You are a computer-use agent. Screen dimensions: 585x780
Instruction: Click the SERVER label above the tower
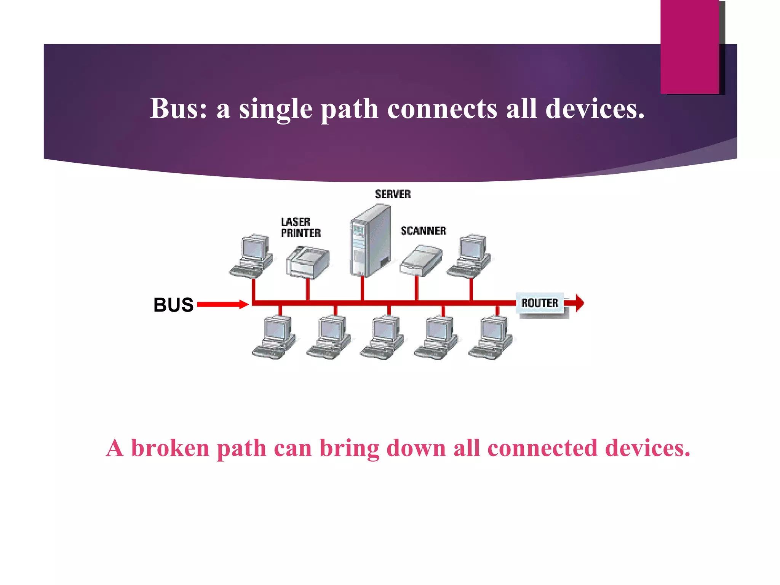pyautogui.click(x=393, y=194)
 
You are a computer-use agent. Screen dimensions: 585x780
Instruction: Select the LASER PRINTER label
pyautogui.click(x=300, y=227)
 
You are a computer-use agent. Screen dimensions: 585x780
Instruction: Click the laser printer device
pyautogui.click(x=307, y=262)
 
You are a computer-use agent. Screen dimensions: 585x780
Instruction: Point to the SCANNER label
pyautogui.click(x=423, y=231)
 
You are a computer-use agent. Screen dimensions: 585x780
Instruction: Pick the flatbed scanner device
pyautogui.click(x=421, y=261)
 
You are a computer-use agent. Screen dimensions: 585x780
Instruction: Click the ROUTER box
pyautogui.click(x=540, y=303)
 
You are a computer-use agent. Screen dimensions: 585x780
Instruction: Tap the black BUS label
pyautogui.click(x=173, y=305)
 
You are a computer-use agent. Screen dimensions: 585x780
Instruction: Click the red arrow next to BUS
pyautogui.click(x=223, y=304)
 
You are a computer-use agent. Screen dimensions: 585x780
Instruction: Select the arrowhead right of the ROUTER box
pyautogui.click(x=579, y=303)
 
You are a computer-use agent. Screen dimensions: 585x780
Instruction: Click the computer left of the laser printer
pyautogui.click(x=251, y=257)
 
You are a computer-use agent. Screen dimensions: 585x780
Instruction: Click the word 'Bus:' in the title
pyautogui.click(x=178, y=109)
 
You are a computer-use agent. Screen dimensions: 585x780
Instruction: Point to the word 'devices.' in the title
pyautogui.click(x=595, y=109)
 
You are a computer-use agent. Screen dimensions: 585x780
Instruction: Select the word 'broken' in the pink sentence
pyautogui.click(x=170, y=448)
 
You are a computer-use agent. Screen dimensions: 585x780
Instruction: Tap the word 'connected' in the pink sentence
pyautogui.click(x=542, y=448)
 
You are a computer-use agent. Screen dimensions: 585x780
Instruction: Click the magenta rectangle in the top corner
pyautogui.click(x=690, y=46)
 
